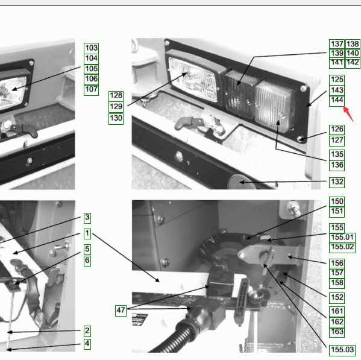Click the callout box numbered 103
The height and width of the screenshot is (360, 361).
point(92,48)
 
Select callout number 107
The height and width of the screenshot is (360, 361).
point(92,89)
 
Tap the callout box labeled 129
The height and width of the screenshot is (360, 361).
point(116,107)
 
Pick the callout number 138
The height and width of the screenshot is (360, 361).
point(353,44)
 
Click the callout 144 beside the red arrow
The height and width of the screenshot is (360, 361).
point(337,101)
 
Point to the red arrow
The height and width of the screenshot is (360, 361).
point(348,113)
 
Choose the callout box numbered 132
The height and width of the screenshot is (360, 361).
point(337,182)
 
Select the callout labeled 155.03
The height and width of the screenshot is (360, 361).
point(342,350)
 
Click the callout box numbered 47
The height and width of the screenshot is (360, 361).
point(121,310)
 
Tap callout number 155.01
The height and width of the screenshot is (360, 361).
point(342,237)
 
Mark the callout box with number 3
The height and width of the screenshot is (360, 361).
point(87,218)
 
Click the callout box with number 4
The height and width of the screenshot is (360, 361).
point(87,344)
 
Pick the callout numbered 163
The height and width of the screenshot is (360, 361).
point(337,332)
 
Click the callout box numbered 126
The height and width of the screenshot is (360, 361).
point(337,130)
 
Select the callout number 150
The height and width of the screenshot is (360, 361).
point(337,201)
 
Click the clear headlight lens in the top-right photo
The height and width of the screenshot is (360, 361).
point(192,79)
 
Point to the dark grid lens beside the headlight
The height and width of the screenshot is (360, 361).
point(239,95)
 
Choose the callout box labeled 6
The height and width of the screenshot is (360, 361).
point(87,261)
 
